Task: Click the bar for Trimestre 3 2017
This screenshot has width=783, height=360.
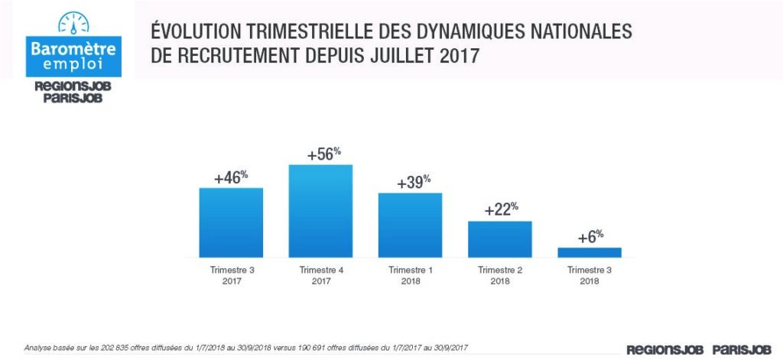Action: [231, 222]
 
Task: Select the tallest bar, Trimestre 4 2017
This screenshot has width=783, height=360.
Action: [320, 210]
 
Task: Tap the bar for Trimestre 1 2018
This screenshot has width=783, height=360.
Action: [410, 225]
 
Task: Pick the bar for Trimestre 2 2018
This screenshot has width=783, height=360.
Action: [499, 238]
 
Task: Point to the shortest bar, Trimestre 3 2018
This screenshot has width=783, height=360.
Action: [589, 252]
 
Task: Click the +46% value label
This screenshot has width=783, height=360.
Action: [232, 177]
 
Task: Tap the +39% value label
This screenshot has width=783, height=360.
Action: [414, 183]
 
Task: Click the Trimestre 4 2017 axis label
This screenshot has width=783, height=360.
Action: [320, 276]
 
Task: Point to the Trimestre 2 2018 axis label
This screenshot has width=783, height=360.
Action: [499, 276]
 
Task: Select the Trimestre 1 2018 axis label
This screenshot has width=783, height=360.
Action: [410, 276]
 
